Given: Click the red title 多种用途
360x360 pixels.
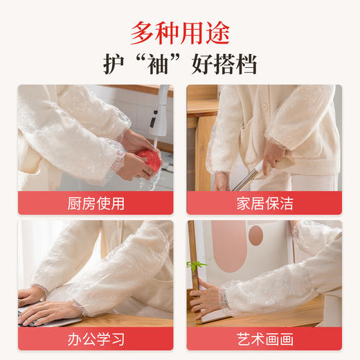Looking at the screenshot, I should click(x=180, y=32).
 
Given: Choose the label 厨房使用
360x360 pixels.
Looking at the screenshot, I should click(x=96, y=203).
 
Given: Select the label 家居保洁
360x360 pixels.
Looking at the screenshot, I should click(x=264, y=203).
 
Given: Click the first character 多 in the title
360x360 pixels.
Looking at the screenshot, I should click(x=143, y=32).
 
